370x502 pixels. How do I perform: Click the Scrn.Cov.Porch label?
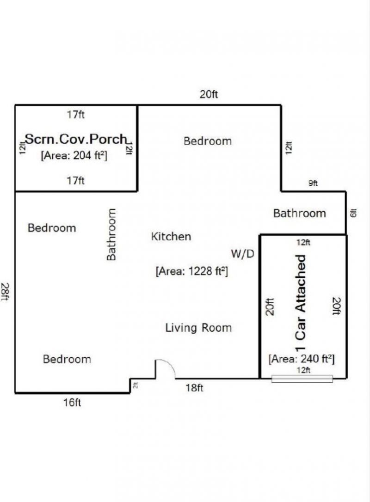[75, 139]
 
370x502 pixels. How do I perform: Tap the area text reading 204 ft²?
[74, 155]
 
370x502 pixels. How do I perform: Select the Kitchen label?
[171, 237]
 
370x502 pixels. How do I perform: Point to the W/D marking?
[243, 254]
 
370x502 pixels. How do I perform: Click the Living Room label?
[198, 328]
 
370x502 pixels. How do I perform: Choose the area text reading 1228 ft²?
[192, 271]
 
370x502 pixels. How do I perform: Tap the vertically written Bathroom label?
[111, 234]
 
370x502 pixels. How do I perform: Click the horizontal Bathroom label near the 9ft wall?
[299, 213]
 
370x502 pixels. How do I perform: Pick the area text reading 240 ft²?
[302, 359]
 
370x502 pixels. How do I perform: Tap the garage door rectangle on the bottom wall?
[302, 379]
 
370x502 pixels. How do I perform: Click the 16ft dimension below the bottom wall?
[72, 403]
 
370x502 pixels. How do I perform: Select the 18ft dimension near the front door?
[194, 388]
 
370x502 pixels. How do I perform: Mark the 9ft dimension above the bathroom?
[313, 184]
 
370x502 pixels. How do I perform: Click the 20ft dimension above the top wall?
[209, 95]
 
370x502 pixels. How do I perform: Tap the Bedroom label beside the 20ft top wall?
[208, 141]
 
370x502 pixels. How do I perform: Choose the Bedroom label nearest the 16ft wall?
[67, 359]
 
